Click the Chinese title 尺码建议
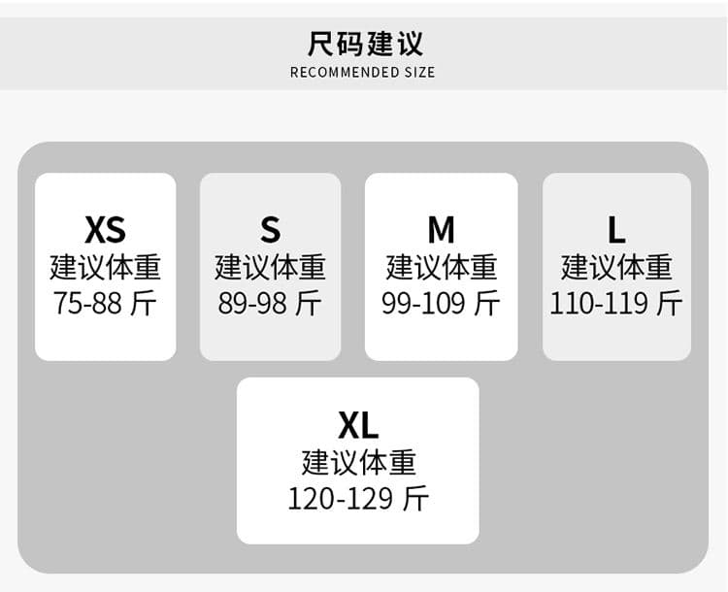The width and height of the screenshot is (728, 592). tap(365, 44)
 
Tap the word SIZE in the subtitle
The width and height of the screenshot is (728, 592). tap(419, 73)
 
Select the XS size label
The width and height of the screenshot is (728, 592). tap(106, 230)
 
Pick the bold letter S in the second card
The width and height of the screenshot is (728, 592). tap(270, 230)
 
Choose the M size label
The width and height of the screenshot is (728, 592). tap(441, 230)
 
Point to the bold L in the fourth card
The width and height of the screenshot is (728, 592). tap(616, 230)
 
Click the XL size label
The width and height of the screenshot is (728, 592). tap(358, 425)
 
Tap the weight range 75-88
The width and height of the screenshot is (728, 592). tap(87, 303)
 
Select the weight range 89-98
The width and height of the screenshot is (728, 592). tap(252, 303)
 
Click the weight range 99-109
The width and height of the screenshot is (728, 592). tap(423, 303)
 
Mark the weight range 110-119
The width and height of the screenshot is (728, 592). tap(599, 303)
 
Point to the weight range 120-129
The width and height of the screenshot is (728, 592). tap(341, 499)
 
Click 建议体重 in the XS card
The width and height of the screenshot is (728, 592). tap(106, 267)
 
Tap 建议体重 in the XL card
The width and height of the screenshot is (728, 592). tap(358, 463)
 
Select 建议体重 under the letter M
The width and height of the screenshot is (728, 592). tap(441, 267)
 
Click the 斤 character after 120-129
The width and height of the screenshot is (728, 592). tap(416, 499)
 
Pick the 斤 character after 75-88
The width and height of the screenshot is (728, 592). tap(144, 303)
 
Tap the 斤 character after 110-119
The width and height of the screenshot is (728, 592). tap(670, 303)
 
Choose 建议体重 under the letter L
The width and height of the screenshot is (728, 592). tap(616, 267)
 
